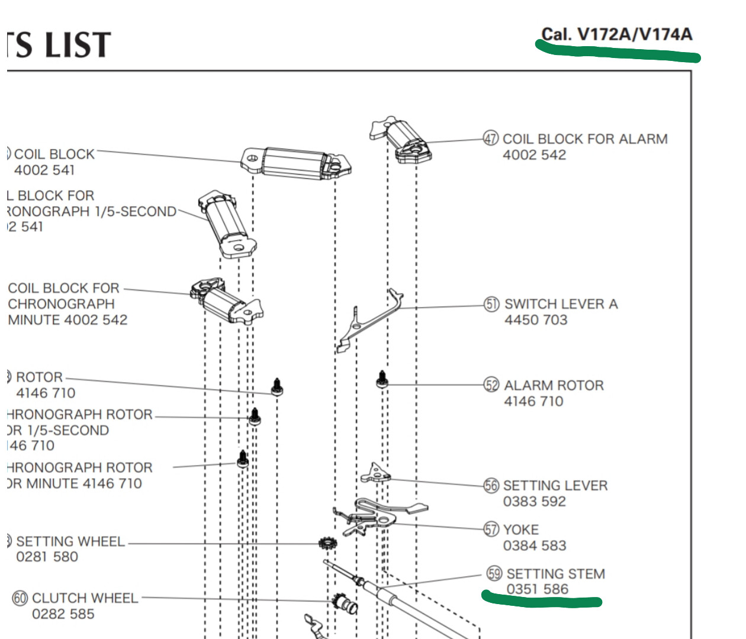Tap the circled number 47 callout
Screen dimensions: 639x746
(491, 138)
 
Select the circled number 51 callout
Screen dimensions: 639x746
(492, 304)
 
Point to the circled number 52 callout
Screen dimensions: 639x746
(492, 385)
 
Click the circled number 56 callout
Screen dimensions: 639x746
(491, 486)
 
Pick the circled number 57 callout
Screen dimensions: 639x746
(491, 529)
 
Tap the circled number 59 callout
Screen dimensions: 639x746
(494, 573)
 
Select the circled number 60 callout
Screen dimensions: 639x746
(20, 598)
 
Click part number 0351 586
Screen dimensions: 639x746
(537, 589)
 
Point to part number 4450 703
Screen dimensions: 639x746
(536, 320)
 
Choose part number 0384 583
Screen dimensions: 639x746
(535, 546)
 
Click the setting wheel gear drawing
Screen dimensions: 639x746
(327, 543)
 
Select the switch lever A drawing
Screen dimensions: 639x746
(370, 319)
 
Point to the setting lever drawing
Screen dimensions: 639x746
(375, 473)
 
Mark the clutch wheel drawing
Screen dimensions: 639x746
(344, 603)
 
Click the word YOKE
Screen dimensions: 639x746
(521, 530)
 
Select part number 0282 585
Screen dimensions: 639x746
(63, 614)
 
